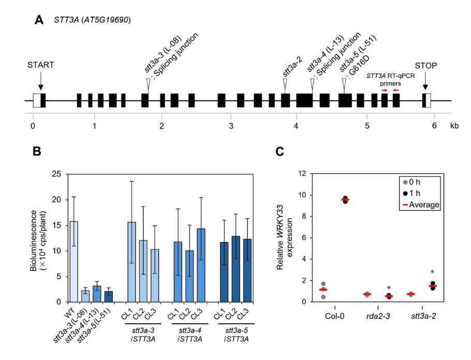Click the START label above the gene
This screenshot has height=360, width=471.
point(41,65)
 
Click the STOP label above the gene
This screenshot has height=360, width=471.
point(425,65)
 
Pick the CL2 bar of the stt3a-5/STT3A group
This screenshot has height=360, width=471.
point(236,268)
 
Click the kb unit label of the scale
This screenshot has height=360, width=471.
point(454,126)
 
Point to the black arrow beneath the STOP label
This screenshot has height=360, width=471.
point(425,82)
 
